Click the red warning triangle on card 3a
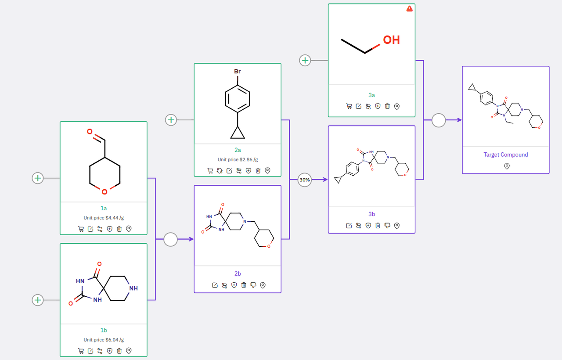click(410, 9)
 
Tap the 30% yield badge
click(305, 180)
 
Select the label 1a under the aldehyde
click(104, 209)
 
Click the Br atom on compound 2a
click(237, 71)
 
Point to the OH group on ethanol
click(391, 40)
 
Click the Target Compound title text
click(505, 155)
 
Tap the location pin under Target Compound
click(506, 166)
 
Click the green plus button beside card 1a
click(38, 178)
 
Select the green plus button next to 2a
click(171, 119)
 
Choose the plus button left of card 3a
click(305, 60)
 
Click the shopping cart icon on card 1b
click(81, 351)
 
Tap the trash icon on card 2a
click(258, 170)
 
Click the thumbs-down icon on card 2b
click(253, 285)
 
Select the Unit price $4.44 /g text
click(104, 218)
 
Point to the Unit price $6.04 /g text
click(104, 340)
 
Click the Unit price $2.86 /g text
click(238, 160)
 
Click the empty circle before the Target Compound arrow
click(439, 120)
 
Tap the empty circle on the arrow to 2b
click(170, 239)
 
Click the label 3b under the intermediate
click(371, 214)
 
